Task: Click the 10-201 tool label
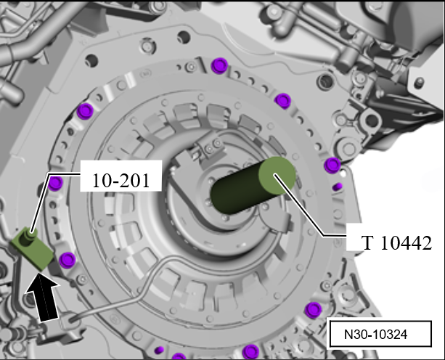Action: click(121, 181)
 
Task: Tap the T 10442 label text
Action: click(396, 243)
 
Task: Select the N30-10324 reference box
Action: click(380, 334)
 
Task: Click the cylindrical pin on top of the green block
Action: click(30, 234)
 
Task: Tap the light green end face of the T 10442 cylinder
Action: click(277, 176)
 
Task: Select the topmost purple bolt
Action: click(220, 65)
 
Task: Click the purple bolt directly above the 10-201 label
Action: click(85, 111)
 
